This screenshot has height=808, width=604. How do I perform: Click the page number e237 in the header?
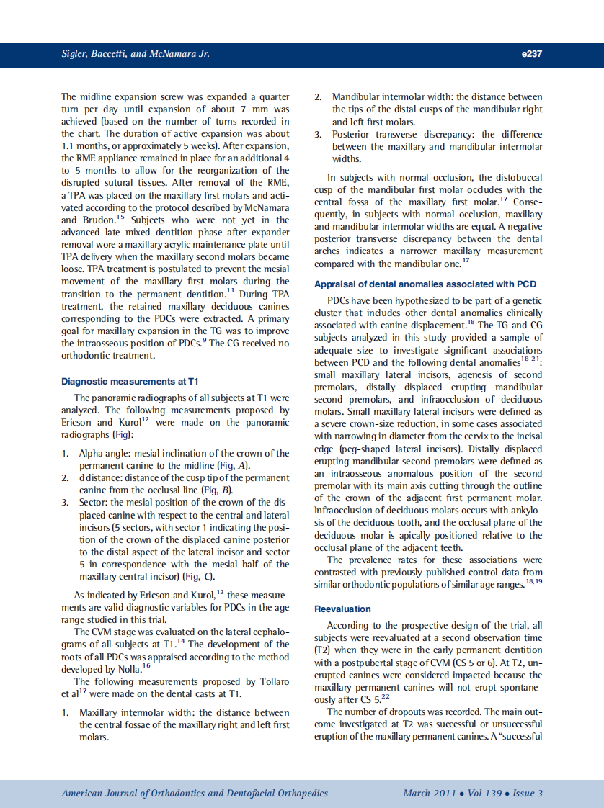click(x=530, y=54)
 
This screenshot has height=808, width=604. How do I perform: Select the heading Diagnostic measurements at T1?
click(x=130, y=381)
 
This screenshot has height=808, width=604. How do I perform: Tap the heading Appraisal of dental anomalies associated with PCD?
click(x=424, y=284)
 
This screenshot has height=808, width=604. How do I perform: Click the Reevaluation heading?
click(x=343, y=609)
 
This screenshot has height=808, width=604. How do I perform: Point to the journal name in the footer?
click(x=195, y=793)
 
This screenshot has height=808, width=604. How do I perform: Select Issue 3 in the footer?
click(x=528, y=793)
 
